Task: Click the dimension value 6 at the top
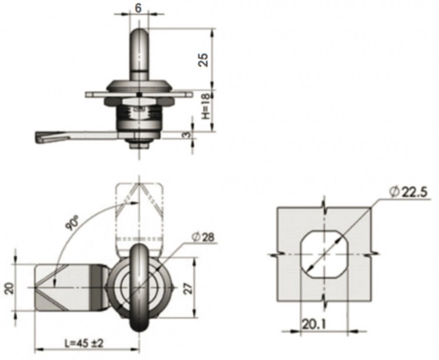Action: (x=138, y=8)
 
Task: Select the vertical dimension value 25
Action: (x=204, y=60)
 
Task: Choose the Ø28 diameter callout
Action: (x=203, y=237)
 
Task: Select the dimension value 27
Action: (x=189, y=288)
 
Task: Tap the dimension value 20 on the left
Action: (x=9, y=288)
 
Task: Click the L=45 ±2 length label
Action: (x=84, y=342)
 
